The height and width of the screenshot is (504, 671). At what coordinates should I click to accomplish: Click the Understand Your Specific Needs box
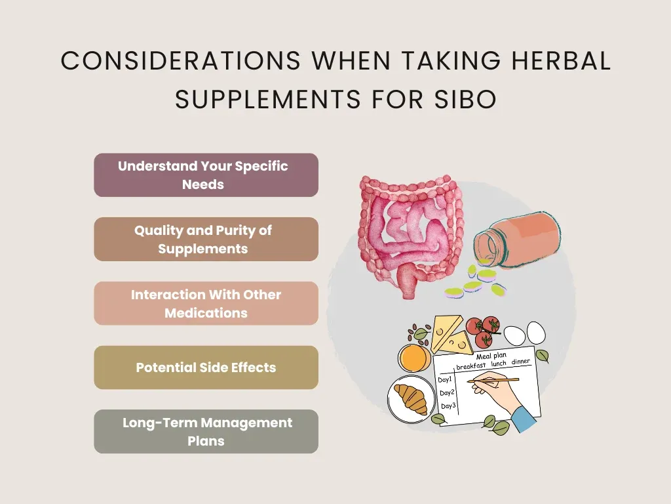(x=206, y=175)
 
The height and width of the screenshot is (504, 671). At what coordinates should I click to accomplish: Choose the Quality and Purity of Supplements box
(x=206, y=240)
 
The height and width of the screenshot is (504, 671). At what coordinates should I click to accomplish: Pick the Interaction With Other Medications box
(x=206, y=304)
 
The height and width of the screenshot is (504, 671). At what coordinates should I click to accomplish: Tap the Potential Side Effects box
(x=206, y=367)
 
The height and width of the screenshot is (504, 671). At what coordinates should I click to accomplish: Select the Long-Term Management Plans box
(x=206, y=432)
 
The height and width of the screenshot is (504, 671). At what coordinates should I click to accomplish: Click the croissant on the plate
(x=411, y=398)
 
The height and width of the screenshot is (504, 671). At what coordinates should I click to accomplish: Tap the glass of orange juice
(x=414, y=358)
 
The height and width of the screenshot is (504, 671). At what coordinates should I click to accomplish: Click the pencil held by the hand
(x=492, y=380)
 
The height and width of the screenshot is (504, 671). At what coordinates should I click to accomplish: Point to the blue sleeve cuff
(x=524, y=417)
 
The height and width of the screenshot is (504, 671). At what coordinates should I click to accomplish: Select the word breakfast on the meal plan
(x=470, y=366)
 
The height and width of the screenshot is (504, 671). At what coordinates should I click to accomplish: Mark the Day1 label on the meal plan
(x=445, y=379)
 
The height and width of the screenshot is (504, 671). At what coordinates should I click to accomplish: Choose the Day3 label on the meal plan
(x=448, y=406)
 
